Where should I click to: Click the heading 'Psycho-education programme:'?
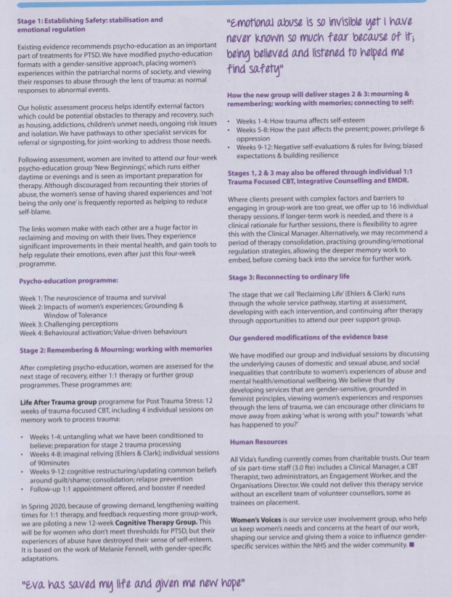tap(68, 279)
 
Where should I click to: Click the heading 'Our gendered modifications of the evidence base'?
tap(308, 337)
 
